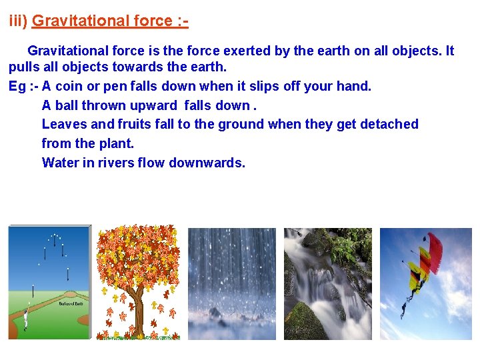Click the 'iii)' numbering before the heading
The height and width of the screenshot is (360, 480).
[x=18, y=21]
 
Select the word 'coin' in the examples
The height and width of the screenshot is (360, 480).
[x=69, y=86]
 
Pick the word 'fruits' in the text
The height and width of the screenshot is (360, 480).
[x=137, y=124]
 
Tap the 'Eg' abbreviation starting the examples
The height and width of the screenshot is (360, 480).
[x=17, y=86]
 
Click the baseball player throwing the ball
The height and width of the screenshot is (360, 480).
[x=26, y=319]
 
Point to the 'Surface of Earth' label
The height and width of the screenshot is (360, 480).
[x=71, y=303]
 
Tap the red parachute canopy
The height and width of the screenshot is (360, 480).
[x=433, y=250]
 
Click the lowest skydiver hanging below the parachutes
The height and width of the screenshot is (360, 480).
[x=403, y=308]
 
